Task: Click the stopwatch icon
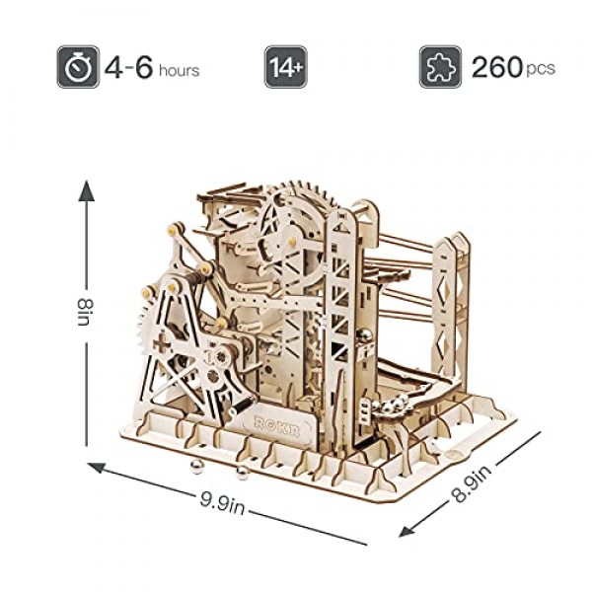(77, 66)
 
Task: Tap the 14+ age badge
(284, 66)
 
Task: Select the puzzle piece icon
(439, 66)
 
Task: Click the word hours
(179, 70)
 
